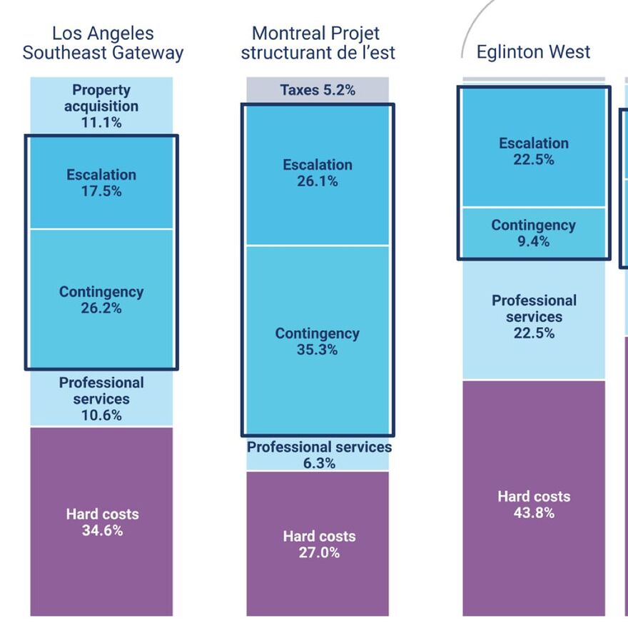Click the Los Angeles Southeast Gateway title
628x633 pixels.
click(x=103, y=43)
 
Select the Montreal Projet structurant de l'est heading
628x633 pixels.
click(x=318, y=43)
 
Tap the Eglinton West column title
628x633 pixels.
click(x=533, y=52)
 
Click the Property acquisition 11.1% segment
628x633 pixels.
click(x=101, y=106)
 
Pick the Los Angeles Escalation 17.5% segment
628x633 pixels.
click(x=101, y=183)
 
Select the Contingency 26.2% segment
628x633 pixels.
click(x=101, y=300)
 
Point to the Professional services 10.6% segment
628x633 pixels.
click(x=101, y=399)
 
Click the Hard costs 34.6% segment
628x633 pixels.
click(x=101, y=522)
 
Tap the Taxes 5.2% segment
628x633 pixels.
click(x=318, y=90)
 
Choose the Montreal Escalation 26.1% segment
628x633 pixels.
click(x=318, y=173)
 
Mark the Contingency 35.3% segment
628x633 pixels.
click(x=318, y=341)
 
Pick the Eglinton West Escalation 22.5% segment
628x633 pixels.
click(x=534, y=151)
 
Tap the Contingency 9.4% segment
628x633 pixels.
click(x=534, y=233)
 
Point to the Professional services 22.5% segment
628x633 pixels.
click(x=534, y=316)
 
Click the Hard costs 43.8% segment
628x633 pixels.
click(x=534, y=504)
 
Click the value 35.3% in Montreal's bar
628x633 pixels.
click(x=318, y=350)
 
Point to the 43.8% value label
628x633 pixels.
click(x=534, y=512)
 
